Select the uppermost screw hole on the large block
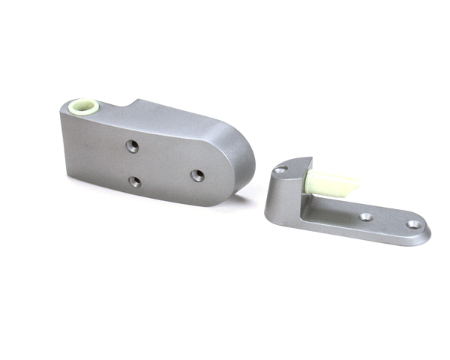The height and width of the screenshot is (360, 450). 132,145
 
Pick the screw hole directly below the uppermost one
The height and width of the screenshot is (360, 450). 134,181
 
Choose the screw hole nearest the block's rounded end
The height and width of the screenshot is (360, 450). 197,175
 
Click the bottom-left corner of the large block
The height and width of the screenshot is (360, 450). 67,175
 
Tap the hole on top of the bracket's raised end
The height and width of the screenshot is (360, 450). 279,170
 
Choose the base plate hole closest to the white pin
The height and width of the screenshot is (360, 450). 365,217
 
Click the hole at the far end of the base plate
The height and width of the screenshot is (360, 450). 413,223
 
